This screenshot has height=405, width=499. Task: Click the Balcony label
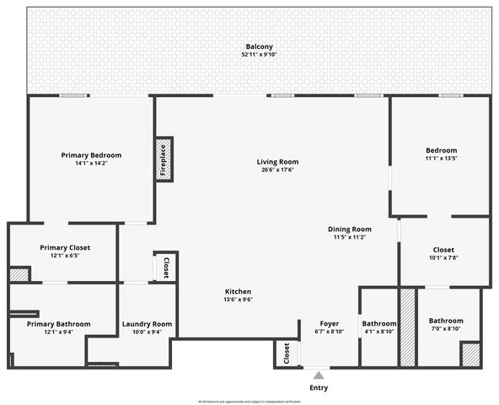[260, 46]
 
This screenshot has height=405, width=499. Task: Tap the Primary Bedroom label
[91, 155]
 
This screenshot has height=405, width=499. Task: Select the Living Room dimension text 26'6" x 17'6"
[277, 170]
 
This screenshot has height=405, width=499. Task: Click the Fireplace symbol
[164, 159]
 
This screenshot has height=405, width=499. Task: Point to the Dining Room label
[350, 229]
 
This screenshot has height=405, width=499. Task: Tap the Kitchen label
[238, 291]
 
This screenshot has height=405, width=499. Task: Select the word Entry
[318, 388]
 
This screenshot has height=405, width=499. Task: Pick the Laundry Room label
[147, 324]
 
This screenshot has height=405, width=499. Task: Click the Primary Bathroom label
[59, 323]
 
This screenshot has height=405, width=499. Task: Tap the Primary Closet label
[65, 247]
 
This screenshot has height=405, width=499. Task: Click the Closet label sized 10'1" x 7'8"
[443, 250]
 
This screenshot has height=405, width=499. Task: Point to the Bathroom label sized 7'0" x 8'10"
[445, 321]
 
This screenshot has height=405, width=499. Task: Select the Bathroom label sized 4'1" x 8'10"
[379, 323]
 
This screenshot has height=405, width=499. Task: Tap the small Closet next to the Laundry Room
[166, 267]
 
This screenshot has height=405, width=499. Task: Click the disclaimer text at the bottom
[249, 401]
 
